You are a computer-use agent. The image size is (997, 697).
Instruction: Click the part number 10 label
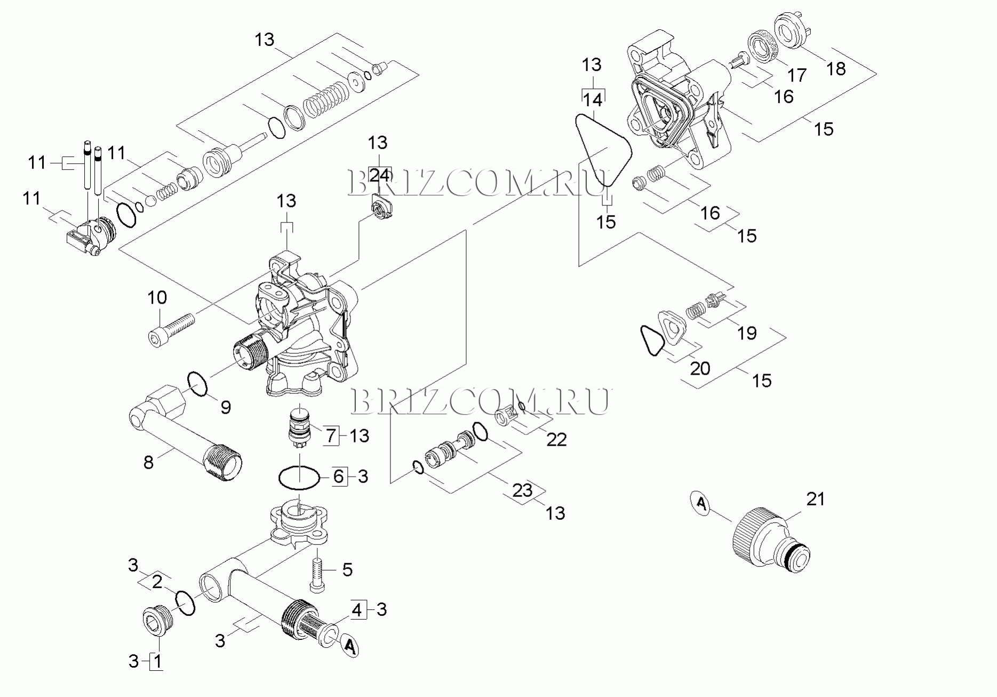point(157,298)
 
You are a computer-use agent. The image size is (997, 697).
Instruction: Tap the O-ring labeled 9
point(198,385)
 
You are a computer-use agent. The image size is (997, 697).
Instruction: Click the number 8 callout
point(148,462)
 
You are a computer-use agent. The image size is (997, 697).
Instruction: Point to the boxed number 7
point(331,436)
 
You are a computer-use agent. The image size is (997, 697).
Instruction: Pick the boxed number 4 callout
point(358,609)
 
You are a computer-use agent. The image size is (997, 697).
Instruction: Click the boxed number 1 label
point(157,662)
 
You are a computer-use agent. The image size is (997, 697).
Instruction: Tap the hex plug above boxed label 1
point(157,622)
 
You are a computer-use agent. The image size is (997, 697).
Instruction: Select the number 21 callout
point(815,499)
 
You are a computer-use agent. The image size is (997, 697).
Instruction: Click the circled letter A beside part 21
point(701,503)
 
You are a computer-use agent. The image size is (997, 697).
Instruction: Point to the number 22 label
point(556,440)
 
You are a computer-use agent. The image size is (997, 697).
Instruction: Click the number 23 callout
point(523,490)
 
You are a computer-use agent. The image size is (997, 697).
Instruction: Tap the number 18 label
point(836,69)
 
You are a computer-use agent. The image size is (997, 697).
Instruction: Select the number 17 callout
point(797,76)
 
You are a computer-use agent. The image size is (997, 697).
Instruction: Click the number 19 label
point(747,333)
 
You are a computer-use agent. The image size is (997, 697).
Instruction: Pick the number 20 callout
point(700,368)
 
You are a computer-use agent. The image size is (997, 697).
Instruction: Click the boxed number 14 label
point(593,100)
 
